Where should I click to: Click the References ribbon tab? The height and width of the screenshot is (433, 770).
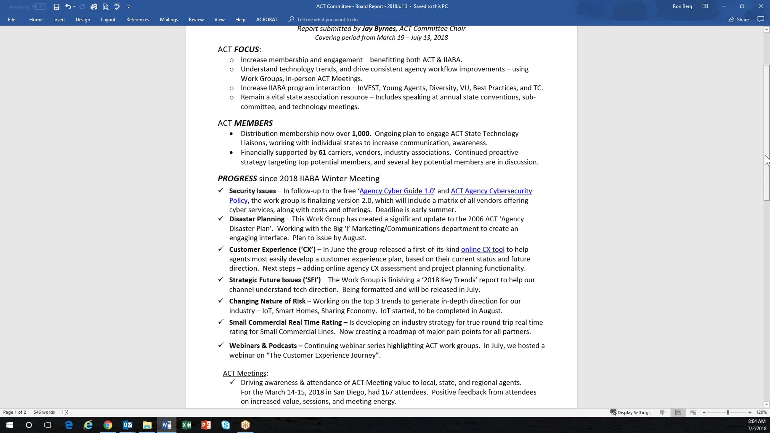(x=138, y=20)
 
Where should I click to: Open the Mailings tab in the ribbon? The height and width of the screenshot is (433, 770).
(x=169, y=20)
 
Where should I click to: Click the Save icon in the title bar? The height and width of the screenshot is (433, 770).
(x=56, y=6)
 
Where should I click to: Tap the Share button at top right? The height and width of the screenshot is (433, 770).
(x=738, y=20)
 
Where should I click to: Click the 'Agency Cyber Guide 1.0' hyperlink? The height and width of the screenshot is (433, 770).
(x=396, y=191)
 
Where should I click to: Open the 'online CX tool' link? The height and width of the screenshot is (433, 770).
(x=483, y=249)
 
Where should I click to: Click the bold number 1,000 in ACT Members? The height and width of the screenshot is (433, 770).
(x=360, y=133)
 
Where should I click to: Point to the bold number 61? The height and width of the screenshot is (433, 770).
(x=322, y=152)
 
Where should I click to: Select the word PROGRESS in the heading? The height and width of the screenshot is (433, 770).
(x=237, y=178)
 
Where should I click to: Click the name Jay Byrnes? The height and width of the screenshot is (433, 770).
(x=379, y=29)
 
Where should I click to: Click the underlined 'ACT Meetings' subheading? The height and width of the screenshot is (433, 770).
(x=244, y=373)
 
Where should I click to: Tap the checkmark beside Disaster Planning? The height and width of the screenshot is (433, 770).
(x=221, y=218)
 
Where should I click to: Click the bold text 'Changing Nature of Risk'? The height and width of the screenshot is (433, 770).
(x=267, y=301)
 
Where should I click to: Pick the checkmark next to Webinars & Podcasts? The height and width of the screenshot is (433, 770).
(x=221, y=345)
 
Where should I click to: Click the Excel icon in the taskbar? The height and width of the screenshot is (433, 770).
(x=186, y=425)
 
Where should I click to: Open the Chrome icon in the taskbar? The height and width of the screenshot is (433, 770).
(x=108, y=425)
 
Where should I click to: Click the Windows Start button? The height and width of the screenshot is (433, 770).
(x=9, y=425)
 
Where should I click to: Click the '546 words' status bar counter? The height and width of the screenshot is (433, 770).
(x=44, y=412)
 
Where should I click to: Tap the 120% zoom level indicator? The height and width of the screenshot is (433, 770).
(x=761, y=412)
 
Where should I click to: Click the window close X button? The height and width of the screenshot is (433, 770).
(x=760, y=6)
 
